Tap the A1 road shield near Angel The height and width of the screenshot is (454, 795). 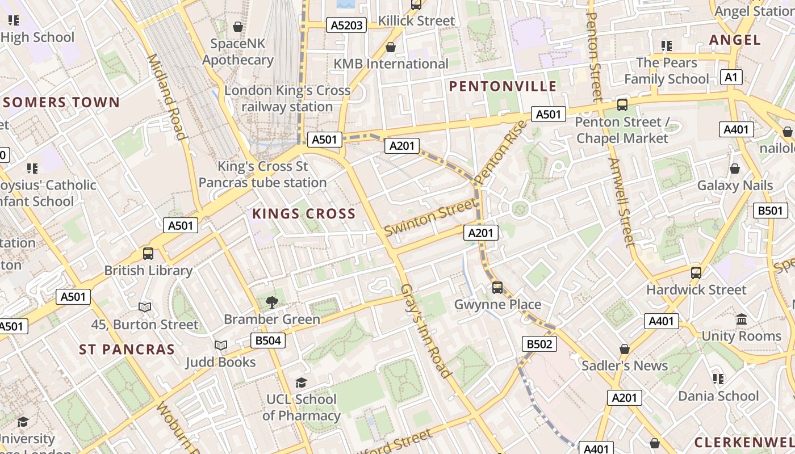click(731, 77)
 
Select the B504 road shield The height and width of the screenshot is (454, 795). click(267, 340)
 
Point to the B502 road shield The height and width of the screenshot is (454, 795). click(539, 344)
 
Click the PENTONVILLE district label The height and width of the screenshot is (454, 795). click(503, 86)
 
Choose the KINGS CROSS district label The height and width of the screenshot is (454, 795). click(304, 214)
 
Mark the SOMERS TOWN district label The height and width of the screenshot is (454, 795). click(61, 103)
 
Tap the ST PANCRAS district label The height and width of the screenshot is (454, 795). click(127, 350)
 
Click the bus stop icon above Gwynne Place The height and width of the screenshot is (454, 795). click(497, 288)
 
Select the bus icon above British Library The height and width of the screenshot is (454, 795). click(148, 254)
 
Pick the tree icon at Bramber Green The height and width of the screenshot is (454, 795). click(272, 302)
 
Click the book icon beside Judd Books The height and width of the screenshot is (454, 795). click(220, 345)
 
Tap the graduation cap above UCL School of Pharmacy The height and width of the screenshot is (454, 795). click(302, 383)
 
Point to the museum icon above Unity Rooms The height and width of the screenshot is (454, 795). click(741, 320)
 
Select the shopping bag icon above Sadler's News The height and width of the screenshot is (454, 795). click(625, 349)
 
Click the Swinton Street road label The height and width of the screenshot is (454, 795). click(430, 217)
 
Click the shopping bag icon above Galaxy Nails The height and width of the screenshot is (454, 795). click(735, 169)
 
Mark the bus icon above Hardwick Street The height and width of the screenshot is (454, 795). click(696, 273)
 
